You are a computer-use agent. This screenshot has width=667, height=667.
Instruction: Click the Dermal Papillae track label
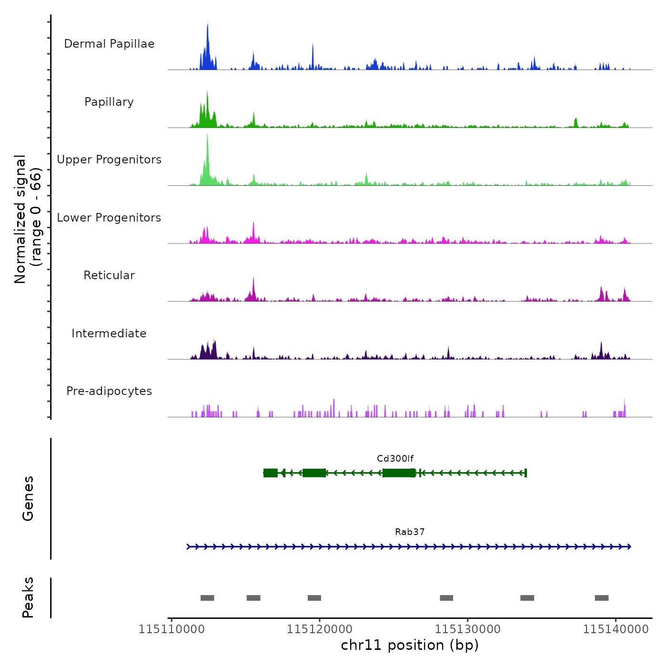pos(109,44)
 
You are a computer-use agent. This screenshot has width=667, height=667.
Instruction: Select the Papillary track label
pos(109,102)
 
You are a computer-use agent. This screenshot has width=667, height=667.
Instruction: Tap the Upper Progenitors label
pos(109,160)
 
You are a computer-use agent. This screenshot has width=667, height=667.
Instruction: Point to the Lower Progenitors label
pos(109,218)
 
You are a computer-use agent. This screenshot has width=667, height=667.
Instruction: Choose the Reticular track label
pos(109,275)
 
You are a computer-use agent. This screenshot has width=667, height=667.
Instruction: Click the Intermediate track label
pos(109,333)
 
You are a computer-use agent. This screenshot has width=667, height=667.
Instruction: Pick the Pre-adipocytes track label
pos(109,391)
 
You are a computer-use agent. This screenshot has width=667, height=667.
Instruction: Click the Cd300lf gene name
pos(395,459)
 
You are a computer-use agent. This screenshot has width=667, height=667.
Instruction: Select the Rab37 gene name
pos(410,532)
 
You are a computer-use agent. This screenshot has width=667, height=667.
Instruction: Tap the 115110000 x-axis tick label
pos(172,629)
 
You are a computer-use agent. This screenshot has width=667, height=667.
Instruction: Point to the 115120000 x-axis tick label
pos(320,629)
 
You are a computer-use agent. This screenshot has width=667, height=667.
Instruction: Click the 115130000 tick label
pos(468,629)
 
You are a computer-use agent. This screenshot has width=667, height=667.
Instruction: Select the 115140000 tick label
pos(616,629)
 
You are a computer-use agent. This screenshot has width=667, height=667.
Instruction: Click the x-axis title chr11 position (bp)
pos(410,645)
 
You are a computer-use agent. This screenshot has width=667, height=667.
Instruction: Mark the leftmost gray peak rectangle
pos(207,598)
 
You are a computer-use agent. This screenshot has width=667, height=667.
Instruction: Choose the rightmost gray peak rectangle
pos(602,598)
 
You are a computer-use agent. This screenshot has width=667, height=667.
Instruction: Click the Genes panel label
pos(28,498)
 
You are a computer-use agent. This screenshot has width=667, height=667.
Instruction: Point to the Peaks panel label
pos(28,597)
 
